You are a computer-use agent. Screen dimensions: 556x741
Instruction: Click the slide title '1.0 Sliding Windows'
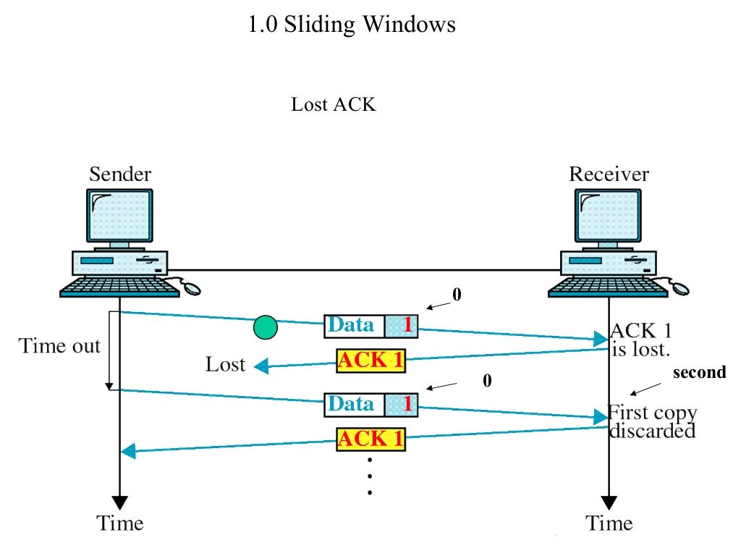[x=352, y=25]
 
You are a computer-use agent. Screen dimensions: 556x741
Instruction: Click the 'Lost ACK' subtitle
[x=334, y=104]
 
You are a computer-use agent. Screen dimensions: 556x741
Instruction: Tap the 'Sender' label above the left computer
[x=120, y=174]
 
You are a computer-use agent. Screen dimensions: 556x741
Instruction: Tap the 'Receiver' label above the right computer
[x=609, y=174]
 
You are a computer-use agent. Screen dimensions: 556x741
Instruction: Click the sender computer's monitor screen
[x=120, y=215]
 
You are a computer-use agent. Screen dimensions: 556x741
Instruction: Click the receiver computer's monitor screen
[x=609, y=215]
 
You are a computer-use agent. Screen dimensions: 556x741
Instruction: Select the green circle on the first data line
[x=266, y=328]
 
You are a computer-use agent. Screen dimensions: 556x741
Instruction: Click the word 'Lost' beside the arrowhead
[x=225, y=364]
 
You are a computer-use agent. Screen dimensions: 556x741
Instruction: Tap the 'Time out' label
[x=59, y=346]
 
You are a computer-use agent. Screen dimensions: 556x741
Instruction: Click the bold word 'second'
[x=699, y=373]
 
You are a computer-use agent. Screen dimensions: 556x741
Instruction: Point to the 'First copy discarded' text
[x=651, y=422]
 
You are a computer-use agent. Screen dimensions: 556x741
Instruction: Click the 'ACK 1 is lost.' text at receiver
[x=641, y=340]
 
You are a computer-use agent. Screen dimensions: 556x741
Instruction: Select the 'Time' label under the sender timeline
[x=120, y=523]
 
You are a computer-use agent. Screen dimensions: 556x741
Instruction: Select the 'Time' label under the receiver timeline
[x=609, y=523]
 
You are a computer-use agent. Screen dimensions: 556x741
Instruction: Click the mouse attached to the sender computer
[x=191, y=287]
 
